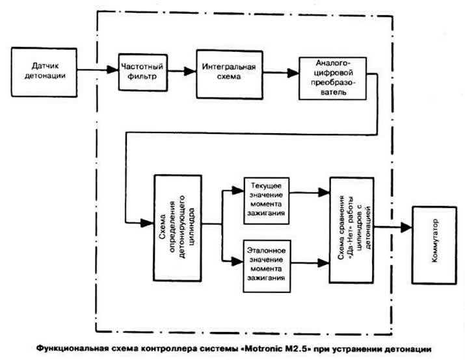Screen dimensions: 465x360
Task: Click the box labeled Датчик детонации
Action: [44, 72]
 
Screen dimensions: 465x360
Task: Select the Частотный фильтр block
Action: [143, 72]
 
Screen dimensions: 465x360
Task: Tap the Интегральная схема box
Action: [230, 74]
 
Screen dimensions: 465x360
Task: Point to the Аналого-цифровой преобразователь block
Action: [333, 79]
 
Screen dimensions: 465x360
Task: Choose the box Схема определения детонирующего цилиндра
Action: [178, 228]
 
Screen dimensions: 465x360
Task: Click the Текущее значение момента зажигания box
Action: [266, 201]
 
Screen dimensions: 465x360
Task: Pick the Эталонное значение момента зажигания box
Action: [267, 266]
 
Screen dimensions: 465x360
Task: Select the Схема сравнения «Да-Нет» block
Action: [351, 230]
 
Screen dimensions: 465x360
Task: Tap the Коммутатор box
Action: [434, 245]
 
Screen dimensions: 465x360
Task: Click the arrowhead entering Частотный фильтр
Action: [113, 70]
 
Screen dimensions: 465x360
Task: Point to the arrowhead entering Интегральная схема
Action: [190, 71]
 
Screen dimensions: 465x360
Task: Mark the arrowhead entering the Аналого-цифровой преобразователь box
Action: [293, 73]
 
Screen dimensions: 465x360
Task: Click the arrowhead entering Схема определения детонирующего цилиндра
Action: [147, 223]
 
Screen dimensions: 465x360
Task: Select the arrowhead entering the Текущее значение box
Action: [238, 190]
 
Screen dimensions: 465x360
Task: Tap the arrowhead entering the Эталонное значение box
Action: [237, 261]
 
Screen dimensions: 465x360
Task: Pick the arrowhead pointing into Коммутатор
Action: [406, 227]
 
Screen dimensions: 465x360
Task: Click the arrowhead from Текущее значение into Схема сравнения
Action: [324, 192]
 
